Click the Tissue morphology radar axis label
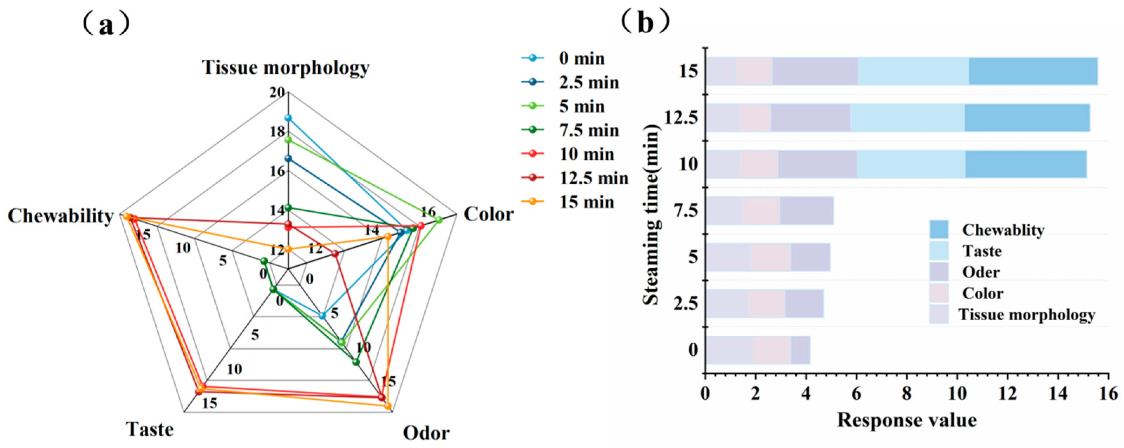coord(286,68)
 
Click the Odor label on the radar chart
coord(426,434)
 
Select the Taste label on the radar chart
coord(150,430)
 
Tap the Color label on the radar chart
coord(489,214)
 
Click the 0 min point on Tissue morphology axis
coord(288,118)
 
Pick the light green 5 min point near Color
coord(439,220)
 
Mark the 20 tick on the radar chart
coord(277,92)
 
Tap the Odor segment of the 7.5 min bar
coord(807,211)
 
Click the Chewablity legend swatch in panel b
coord(939,230)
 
